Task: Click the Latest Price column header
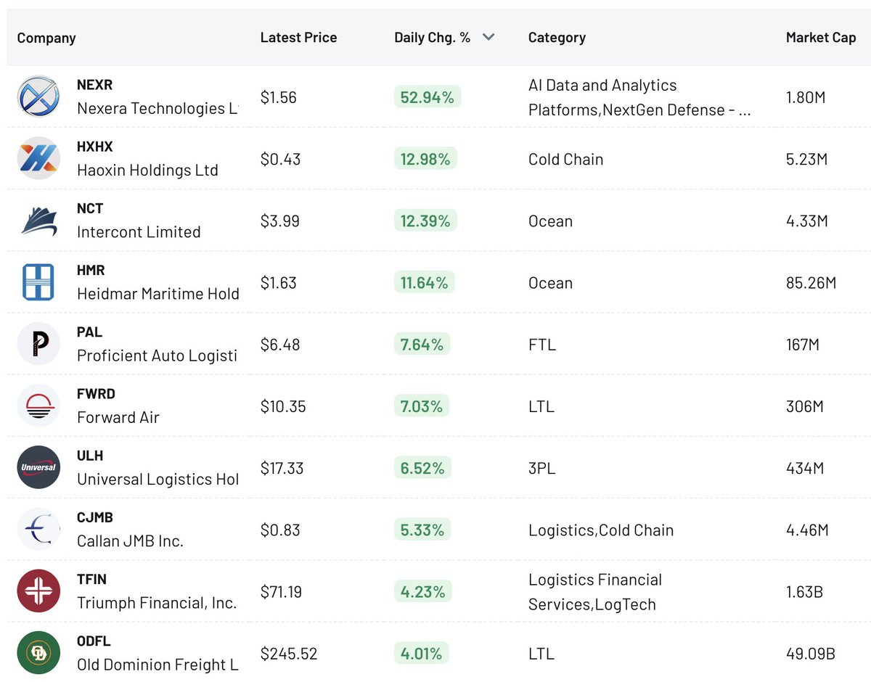(298, 38)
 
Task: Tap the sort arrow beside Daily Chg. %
(488, 37)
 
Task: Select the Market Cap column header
(820, 38)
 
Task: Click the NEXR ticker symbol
(94, 85)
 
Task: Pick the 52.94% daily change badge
(427, 97)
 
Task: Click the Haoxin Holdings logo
(38, 158)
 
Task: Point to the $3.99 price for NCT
(279, 221)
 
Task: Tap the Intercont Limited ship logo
(39, 221)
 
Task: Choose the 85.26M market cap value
(811, 283)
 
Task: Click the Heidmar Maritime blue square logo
(38, 282)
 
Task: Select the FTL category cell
(542, 345)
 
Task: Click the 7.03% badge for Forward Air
(421, 406)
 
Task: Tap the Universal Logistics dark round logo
(38, 467)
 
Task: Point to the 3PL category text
(541, 468)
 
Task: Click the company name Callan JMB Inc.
(130, 541)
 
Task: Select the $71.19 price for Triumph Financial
(281, 592)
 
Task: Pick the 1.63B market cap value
(804, 592)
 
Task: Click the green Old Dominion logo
(38, 653)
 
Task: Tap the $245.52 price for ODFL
(289, 654)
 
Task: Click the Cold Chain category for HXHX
(565, 160)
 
